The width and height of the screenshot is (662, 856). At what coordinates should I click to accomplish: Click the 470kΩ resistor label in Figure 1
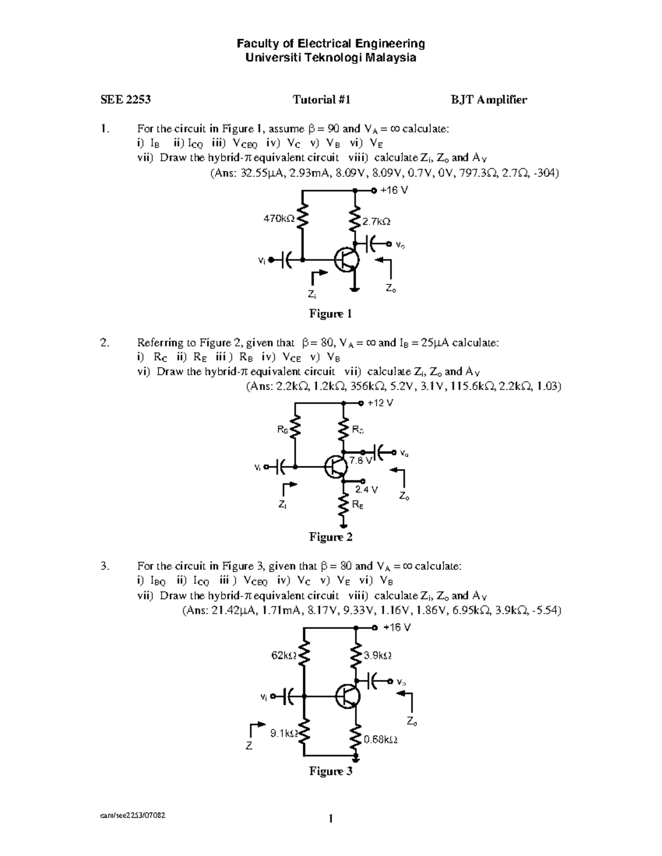tap(279, 219)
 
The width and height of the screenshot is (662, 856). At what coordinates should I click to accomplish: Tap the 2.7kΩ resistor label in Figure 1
tap(376, 222)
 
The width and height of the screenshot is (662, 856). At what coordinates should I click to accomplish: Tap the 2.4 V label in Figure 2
tap(366, 489)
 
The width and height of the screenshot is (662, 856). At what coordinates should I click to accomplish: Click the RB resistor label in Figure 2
tap(282, 430)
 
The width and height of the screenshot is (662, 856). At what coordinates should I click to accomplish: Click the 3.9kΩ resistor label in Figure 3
tap(378, 656)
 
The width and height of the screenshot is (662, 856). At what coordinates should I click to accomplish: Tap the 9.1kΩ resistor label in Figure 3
tap(284, 734)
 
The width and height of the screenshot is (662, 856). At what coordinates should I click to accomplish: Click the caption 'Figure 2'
tap(330, 537)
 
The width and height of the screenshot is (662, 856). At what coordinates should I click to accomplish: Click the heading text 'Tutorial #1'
tap(322, 100)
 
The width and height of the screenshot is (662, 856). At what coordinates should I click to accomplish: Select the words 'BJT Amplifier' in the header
tap(489, 100)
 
